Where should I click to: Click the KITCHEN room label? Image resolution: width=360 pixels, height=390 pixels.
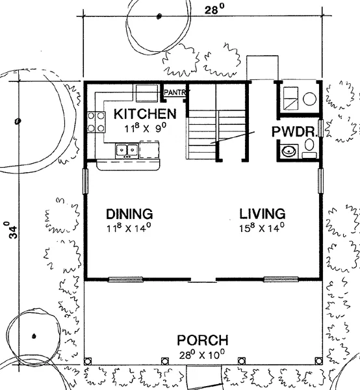point(145,114)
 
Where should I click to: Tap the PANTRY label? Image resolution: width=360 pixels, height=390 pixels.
point(175,92)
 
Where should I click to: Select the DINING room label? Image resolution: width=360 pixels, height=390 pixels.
point(129,214)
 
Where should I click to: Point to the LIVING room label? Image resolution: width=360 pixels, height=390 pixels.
point(263,214)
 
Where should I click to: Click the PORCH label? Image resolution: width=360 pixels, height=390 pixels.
point(203,340)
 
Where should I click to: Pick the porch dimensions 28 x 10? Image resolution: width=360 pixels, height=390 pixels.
point(202,354)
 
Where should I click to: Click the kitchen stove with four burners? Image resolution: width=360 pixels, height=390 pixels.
point(96,122)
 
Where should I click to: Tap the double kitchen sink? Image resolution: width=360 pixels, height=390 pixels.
point(127,151)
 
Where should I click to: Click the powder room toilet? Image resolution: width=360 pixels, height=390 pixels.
point(309,148)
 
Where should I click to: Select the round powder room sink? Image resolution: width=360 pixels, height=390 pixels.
point(289,151)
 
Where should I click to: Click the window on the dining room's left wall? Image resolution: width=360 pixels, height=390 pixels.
point(85,181)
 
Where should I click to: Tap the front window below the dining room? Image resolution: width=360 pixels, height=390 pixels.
point(125,279)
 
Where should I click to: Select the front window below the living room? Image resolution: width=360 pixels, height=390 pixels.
point(281,279)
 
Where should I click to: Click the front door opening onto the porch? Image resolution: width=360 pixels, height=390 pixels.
point(203,281)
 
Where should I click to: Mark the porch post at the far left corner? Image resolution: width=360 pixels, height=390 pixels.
point(88,361)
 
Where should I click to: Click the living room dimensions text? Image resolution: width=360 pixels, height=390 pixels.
point(262,227)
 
